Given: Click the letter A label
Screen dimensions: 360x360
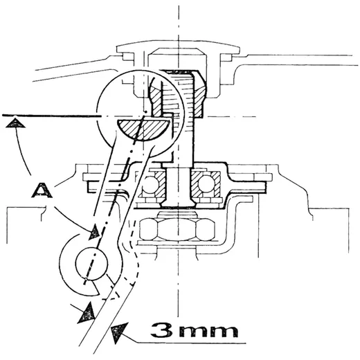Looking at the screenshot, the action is point(42,190).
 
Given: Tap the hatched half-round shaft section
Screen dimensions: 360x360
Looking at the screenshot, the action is point(143,129).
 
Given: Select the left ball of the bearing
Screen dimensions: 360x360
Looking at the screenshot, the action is point(150,184).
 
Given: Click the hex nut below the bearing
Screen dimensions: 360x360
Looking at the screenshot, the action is point(177,229).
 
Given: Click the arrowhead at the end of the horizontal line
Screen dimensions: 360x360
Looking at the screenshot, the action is point(15,123).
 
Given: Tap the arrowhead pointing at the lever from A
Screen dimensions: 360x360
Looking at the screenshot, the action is point(95,231).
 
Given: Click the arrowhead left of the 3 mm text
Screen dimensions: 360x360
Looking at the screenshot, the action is point(118,332).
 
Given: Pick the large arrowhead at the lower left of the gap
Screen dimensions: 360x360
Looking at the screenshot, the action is point(87,312).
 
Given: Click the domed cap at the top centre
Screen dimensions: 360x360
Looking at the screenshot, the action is point(178,47).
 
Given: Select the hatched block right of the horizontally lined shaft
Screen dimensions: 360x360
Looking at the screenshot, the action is point(198,94).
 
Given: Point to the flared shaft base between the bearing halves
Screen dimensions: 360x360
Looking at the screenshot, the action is point(178,187).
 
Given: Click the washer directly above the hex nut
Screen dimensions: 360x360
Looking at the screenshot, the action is point(177,215).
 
